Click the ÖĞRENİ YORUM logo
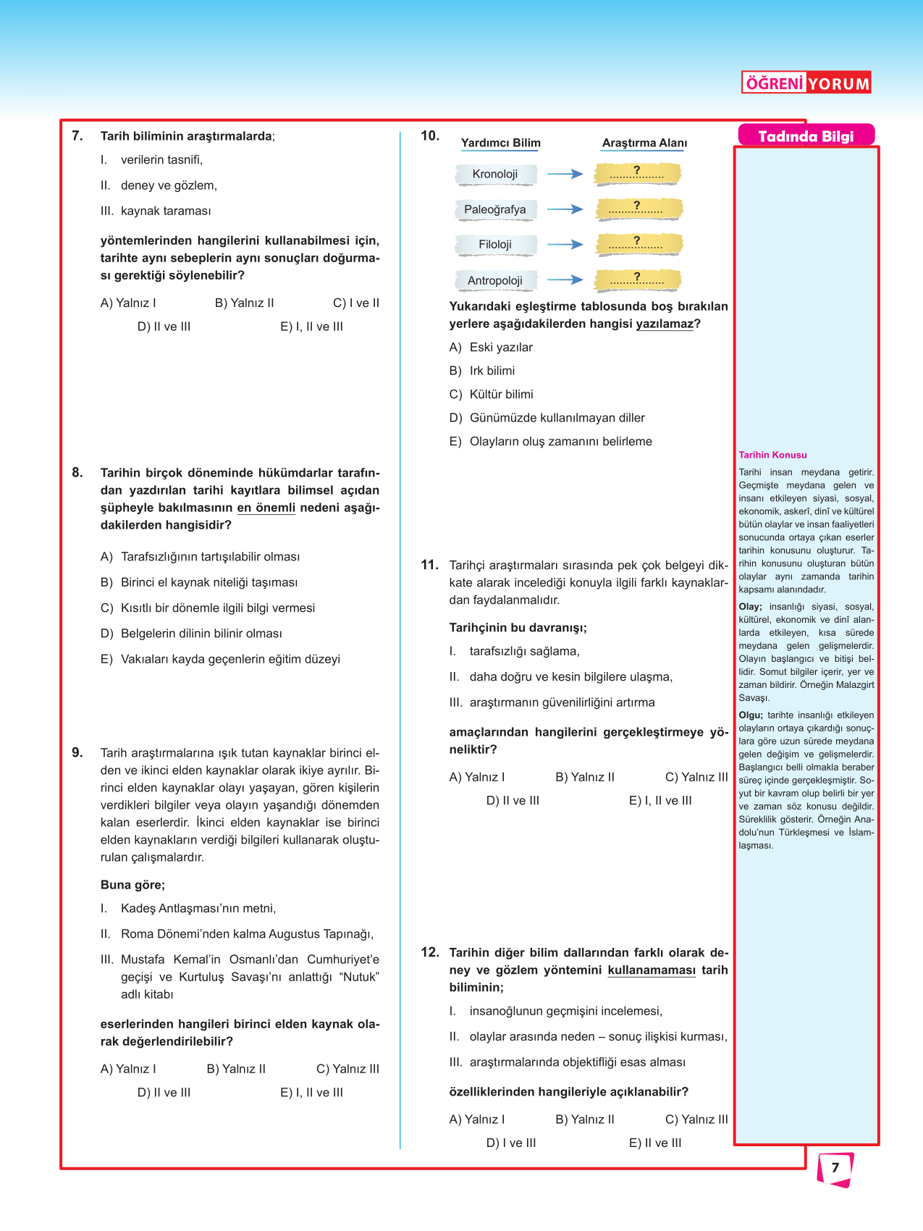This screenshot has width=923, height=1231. tap(806, 83)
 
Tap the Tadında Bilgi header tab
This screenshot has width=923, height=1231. tap(806, 136)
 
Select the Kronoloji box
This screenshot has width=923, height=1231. tap(496, 174)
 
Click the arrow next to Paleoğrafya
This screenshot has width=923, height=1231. tap(565, 209)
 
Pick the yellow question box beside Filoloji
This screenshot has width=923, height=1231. tap(638, 244)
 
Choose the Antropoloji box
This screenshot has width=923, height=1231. tap(496, 280)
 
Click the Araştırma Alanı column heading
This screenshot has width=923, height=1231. tap(644, 143)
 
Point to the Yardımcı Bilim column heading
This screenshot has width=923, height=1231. tap(500, 143)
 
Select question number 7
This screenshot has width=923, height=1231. tap(77, 136)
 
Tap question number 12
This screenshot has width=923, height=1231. tap(430, 952)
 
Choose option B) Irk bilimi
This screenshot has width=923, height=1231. tap(482, 371)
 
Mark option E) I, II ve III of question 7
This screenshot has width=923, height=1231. tap(311, 327)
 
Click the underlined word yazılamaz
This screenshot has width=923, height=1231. tap(665, 324)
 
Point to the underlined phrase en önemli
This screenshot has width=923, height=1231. tap(266, 508)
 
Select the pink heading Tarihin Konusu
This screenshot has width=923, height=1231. tap(772, 455)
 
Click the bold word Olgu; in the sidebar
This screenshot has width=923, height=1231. tap(750, 715)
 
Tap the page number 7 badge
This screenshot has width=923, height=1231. tap(835, 1168)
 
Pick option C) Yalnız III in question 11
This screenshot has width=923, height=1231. tap(696, 777)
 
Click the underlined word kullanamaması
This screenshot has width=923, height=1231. tap(652, 970)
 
